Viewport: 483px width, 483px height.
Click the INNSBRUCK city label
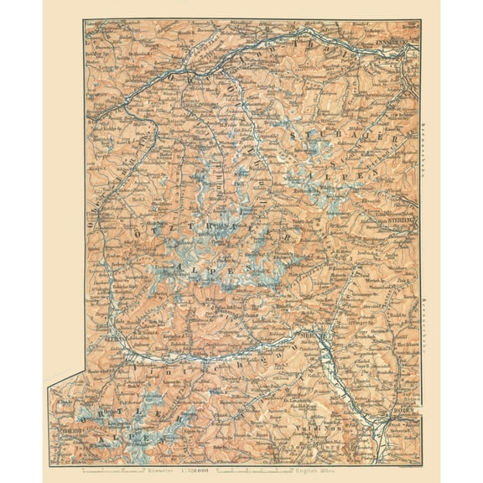(x=393, y=39)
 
